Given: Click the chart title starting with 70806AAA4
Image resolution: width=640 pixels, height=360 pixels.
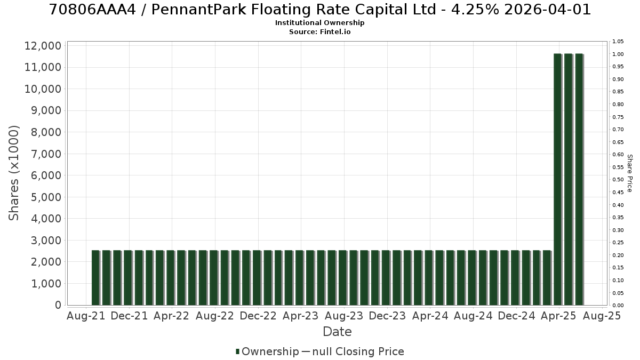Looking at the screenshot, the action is [x=319, y=10].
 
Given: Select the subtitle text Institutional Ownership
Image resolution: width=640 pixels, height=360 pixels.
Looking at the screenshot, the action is [x=319, y=23].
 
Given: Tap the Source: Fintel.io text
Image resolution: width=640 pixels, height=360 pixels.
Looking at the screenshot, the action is [x=319, y=31].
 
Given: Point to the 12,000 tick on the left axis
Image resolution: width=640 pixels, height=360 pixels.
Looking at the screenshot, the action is [x=43, y=46].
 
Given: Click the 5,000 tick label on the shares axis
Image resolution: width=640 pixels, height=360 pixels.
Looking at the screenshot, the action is [x=46, y=197].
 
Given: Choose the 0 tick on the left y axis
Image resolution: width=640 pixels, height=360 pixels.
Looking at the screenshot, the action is [x=58, y=305].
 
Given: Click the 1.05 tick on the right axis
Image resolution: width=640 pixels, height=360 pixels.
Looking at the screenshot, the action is [x=618, y=42].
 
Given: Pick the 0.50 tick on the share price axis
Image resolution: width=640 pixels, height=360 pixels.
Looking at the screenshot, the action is [x=618, y=180].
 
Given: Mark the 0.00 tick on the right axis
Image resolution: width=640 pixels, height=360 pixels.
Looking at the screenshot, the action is [x=618, y=306].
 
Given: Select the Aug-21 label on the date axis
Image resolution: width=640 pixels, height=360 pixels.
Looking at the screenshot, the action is [x=86, y=316].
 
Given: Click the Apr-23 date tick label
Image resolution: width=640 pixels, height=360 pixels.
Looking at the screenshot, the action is [x=301, y=316].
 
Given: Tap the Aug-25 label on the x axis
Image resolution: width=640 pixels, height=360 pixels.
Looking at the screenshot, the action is [x=602, y=316].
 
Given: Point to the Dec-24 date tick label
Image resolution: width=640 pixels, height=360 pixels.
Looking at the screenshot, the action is [x=517, y=316].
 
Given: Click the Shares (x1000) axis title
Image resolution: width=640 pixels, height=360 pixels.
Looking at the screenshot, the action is [x=14, y=173].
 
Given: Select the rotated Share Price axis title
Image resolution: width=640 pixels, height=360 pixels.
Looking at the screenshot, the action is [x=629, y=173].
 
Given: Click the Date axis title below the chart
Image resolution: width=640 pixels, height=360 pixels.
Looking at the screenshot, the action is [x=337, y=332].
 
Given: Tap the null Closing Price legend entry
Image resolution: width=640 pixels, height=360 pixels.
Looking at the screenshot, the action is [x=353, y=351].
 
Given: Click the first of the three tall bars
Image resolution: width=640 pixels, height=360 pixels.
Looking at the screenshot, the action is [x=558, y=179].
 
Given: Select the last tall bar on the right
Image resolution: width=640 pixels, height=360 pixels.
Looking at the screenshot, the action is [x=579, y=179].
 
